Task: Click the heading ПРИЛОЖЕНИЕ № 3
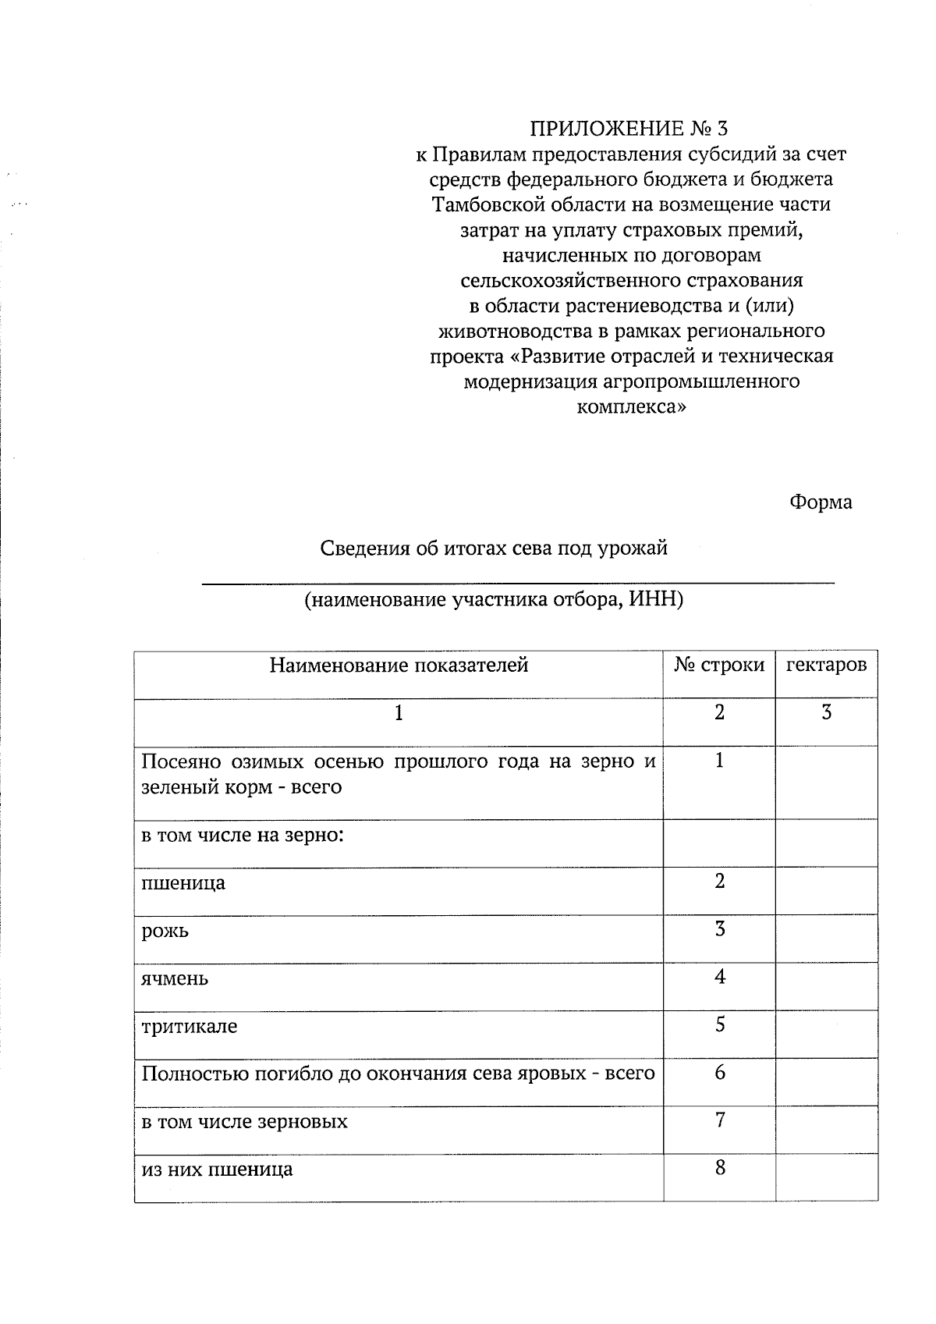[633, 128]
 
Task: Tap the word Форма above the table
[821, 502]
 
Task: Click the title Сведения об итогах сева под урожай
[495, 548]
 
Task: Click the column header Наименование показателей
[399, 666]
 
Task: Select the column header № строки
[719, 666]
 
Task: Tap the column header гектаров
[826, 666]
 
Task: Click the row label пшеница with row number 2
[183, 883]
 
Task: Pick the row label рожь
[165, 931]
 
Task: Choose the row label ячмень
[175, 978]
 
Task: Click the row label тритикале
[189, 1026]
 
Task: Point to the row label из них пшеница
[217, 1170]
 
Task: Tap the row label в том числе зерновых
[244, 1122]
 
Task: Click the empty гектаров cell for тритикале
[826, 1034]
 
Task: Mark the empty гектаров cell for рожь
[826, 939]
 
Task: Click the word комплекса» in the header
[632, 407]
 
